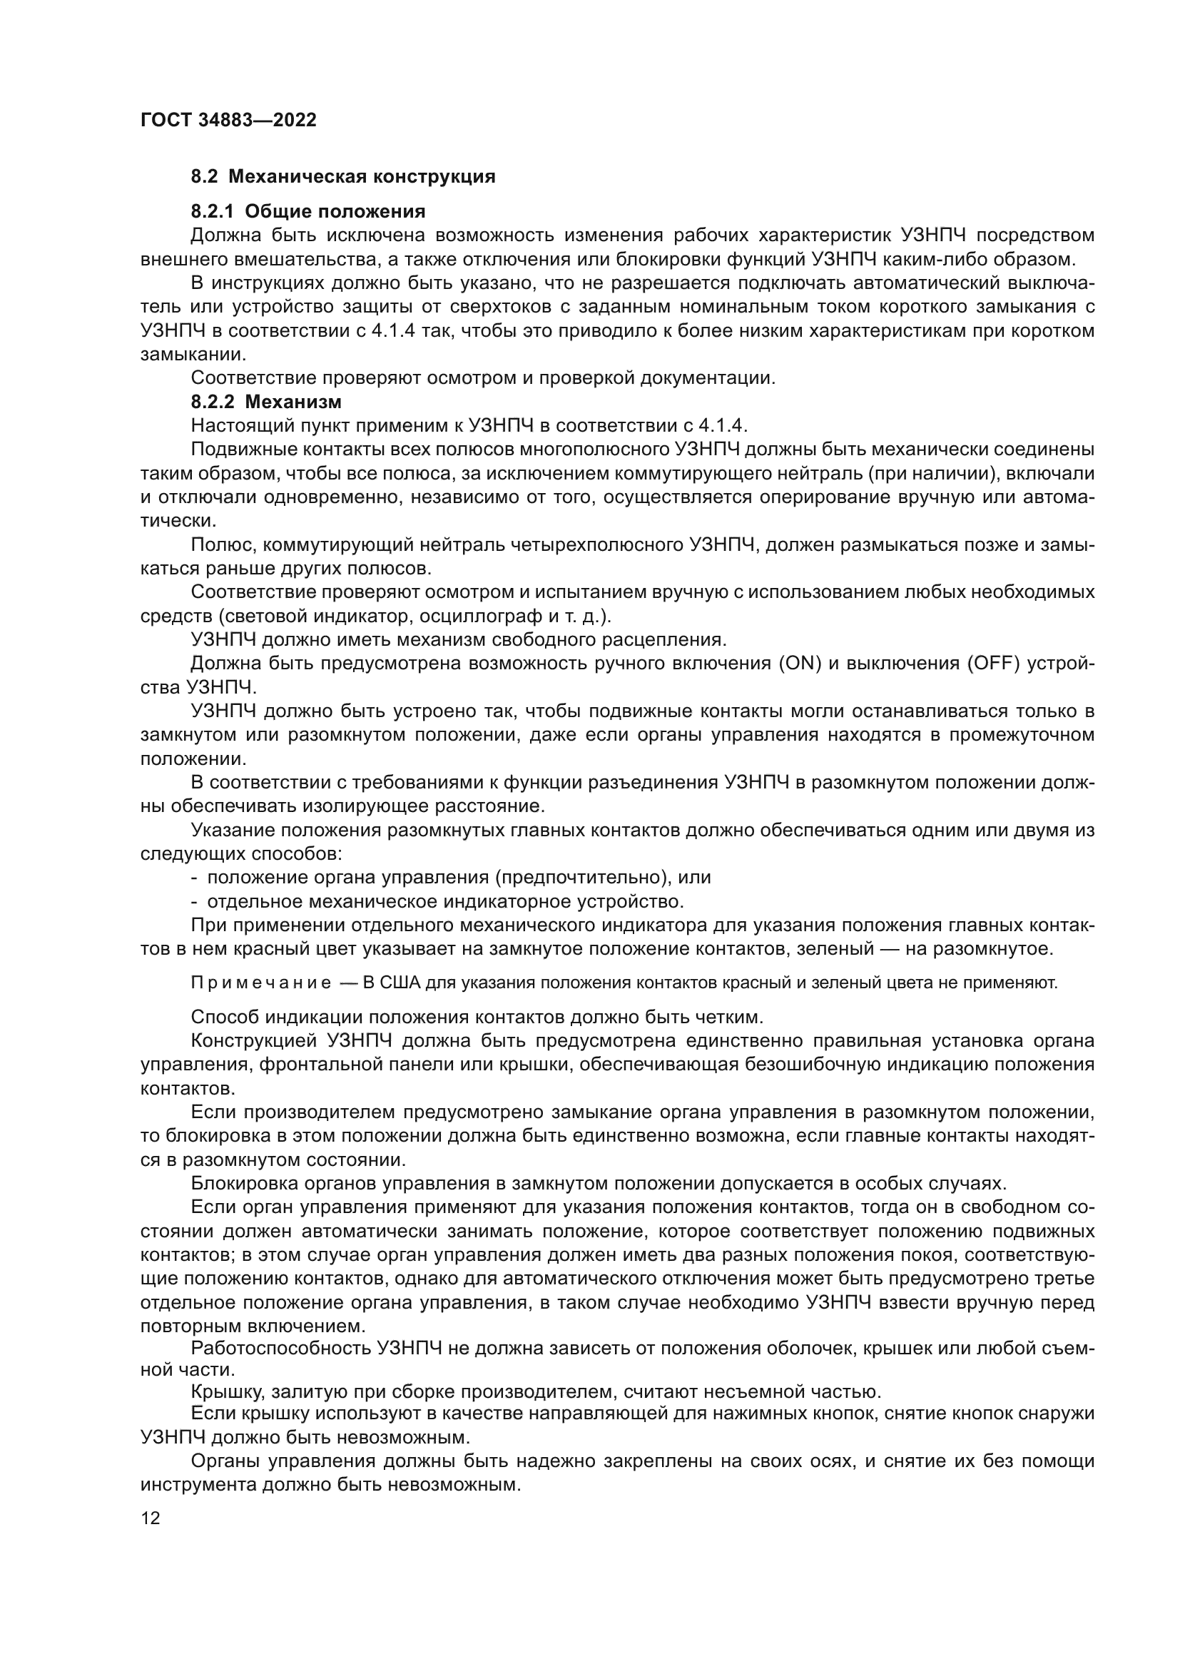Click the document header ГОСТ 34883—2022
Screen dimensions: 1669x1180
[x=228, y=121]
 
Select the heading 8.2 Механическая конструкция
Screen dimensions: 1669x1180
[x=343, y=177]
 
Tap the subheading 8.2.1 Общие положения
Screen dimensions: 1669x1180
[x=308, y=211]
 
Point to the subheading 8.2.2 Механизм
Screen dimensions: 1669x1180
[x=266, y=401]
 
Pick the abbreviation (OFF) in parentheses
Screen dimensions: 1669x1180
[x=992, y=664]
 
